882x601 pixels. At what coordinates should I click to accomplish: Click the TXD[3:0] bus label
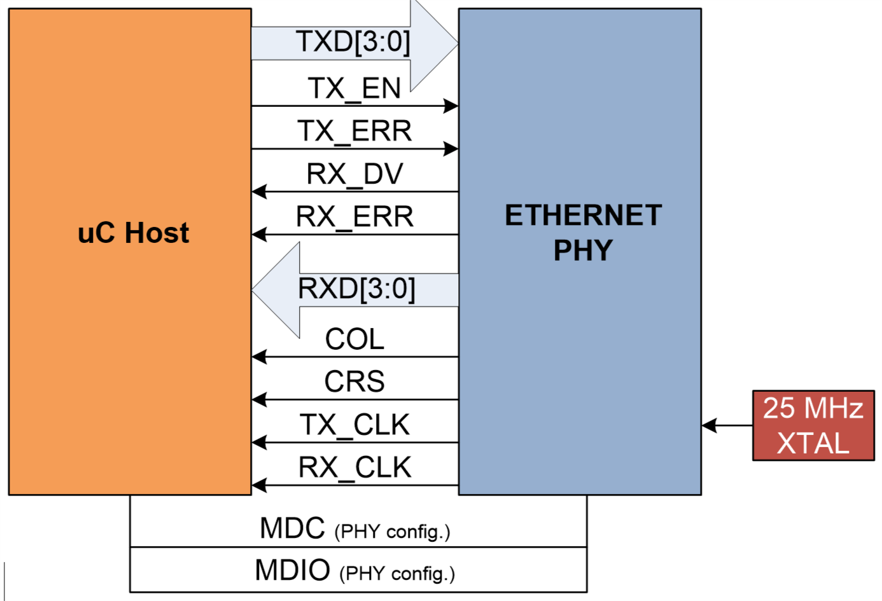pyautogui.click(x=353, y=42)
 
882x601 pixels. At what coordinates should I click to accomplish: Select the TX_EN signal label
pyautogui.click(x=354, y=88)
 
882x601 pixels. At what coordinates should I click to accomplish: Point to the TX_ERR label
pyautogui.click(x=354, y=131)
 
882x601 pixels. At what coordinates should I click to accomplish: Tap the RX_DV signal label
pyautogui.click(x=354, y=174)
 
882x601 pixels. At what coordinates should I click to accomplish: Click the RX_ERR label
pyautogui.click(x=354, y=217)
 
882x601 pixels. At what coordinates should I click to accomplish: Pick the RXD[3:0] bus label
pyautogui.click(x=356, y=289)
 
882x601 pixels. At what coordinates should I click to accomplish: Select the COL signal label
pyautogui.click(x=354, y=339)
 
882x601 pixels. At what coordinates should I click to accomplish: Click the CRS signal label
pyautogui.click(x=354, y=382)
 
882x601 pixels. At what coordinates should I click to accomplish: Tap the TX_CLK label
pyautogui.click(x=354, y=425)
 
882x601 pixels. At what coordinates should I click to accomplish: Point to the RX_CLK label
pyautogui.click(x=354, y=467)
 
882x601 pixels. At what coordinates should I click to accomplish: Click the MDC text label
pyautogui.click(x=292, y=528)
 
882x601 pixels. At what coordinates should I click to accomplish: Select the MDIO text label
pyautogui.click(x=292, y=570)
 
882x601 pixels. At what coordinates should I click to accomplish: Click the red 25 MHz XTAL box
pyautogui.click(x=813, y=425)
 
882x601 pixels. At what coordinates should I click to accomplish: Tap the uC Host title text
pyautogui.click(x=133, y=233)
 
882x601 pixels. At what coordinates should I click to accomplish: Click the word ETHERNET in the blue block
pyautogui.click(x=583, y=216)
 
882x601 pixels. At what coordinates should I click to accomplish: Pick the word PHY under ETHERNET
pyautogui.click(x=583, y=250)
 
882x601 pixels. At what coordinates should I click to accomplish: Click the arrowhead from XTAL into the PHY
pyautogui.click(x=709, y=425)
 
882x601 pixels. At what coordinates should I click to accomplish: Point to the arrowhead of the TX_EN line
pyautogui.click(x=451, y=106)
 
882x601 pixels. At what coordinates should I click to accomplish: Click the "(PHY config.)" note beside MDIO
pyautogui.click(x=397, y=574)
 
